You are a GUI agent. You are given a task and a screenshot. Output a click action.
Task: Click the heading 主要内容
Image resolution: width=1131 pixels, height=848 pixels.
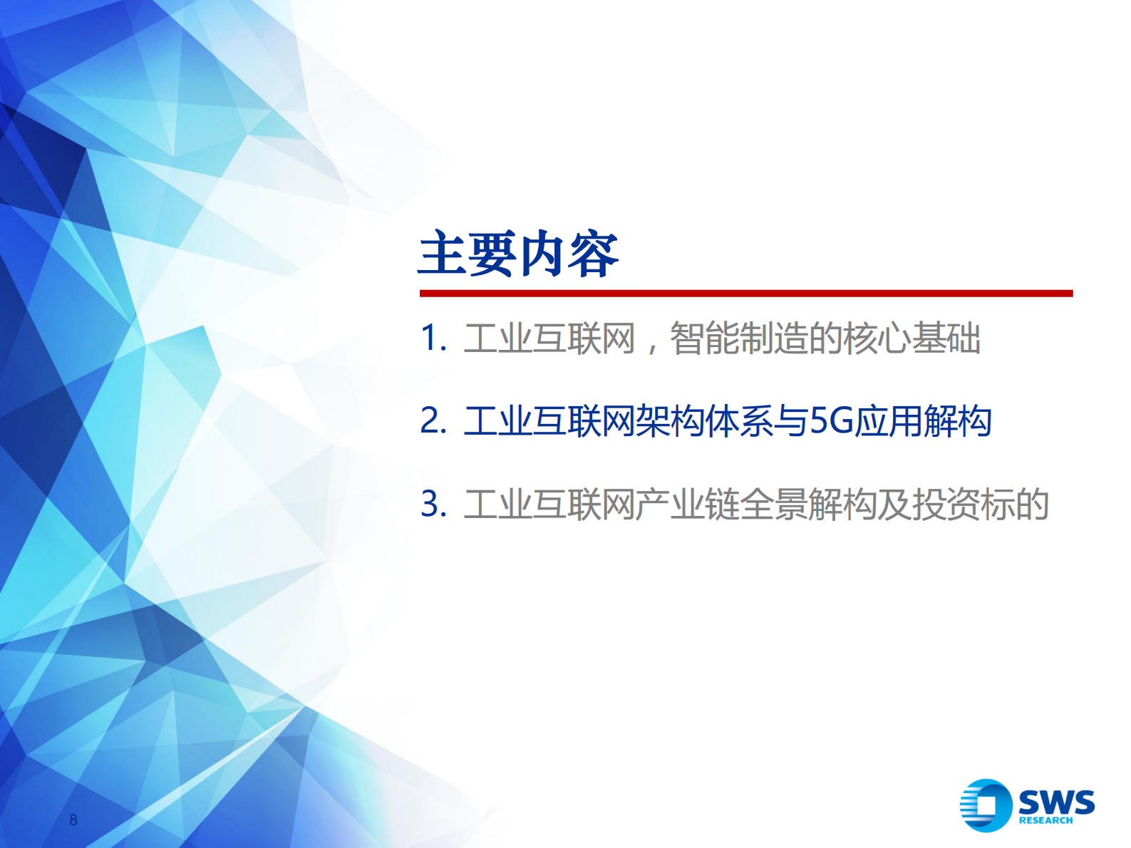tap(518, 254)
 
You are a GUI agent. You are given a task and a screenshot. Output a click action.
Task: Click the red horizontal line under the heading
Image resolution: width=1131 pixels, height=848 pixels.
tap(745, 293)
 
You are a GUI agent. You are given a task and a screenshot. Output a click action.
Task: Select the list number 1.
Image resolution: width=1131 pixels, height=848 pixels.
tap(433, 338)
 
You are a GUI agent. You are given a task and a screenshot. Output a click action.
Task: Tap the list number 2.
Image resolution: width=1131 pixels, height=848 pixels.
tap(433, 420)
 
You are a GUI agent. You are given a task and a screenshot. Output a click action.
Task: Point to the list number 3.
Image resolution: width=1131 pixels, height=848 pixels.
tap(433, 505)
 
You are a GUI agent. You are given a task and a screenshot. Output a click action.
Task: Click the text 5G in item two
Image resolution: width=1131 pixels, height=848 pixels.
tap(832, 420)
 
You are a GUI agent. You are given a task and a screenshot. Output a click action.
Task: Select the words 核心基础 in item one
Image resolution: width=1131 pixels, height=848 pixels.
tap(911, 338)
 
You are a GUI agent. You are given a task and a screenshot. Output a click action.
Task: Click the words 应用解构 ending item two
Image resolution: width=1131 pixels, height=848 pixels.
tap(923, 420)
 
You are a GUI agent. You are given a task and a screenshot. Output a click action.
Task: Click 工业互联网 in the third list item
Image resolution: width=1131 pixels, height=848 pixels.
tap(549, 505)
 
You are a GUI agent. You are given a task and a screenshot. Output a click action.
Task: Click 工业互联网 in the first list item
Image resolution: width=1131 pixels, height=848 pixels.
tap(549, 338)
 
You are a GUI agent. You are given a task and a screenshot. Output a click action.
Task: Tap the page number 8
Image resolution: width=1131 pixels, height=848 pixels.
tap(73, 819)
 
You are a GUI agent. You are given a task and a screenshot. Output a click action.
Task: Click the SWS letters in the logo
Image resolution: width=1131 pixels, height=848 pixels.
tap(1056, 802)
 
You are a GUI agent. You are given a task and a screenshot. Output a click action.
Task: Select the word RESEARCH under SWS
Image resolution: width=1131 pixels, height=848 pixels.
tap(1045, 820)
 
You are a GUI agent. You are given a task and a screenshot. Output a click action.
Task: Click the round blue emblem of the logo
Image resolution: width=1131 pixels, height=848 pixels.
tap(986, 805)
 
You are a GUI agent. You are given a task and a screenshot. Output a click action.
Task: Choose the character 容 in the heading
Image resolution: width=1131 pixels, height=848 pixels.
tap(594, 254)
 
